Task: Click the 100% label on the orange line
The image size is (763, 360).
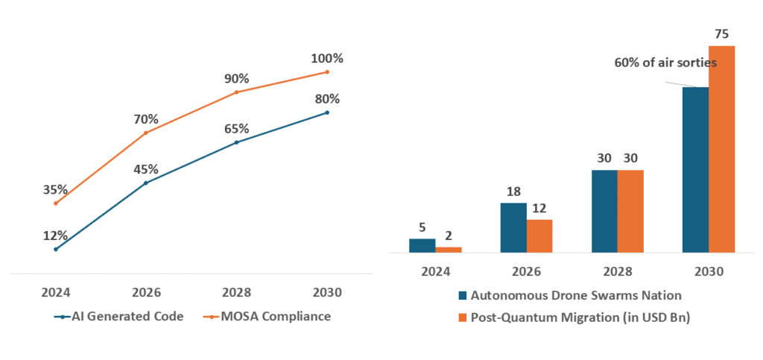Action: tap(328, 58)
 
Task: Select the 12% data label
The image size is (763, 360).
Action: tap(56, 236)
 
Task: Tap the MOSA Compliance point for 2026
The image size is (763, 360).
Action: tap(145, 133)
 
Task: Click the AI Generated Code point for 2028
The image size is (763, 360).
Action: tap(236, 142)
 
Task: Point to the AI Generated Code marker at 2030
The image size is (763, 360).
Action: tap(327, 113)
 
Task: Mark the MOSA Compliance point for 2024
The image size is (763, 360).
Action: tap(56, 203)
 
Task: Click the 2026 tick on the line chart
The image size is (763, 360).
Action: tap(145, 292)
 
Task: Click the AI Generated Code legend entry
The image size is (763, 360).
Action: tap(119, 316)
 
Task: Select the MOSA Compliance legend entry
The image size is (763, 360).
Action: tap(267, 316)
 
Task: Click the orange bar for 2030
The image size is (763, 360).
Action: tap(721, 149)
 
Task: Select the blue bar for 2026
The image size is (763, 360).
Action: tap(513, 227)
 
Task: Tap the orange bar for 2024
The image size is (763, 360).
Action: tap(449, 250)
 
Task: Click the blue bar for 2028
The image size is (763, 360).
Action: tap(604, 211)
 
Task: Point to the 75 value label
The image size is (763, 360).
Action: tap(721, 34)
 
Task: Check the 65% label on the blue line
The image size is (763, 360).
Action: tap(236, 128)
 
